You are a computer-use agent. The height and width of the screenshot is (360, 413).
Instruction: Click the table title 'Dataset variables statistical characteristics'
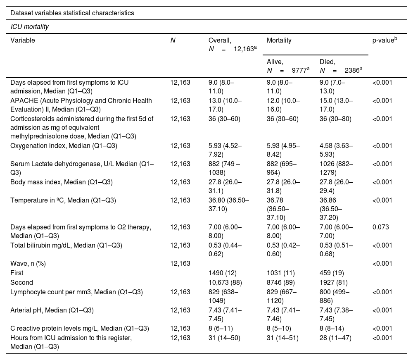point(72,13)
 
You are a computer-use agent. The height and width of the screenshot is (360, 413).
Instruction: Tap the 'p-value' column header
point(385,41)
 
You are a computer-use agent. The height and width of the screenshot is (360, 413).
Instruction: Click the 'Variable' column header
point(23,41)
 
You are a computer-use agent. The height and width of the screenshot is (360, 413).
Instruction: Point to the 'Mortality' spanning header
point(279,41)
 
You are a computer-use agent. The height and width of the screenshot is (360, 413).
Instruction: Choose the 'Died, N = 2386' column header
point(341,66)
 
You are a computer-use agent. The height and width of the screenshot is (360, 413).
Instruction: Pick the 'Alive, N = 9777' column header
point(288,66)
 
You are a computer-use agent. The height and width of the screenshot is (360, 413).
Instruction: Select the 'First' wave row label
point(17,273)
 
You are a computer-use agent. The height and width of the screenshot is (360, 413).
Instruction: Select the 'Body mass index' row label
point(62,182)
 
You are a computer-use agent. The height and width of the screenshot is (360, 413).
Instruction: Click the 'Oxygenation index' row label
point(61,145)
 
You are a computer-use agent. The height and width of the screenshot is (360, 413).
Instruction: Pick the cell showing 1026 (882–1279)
point(337,167)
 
